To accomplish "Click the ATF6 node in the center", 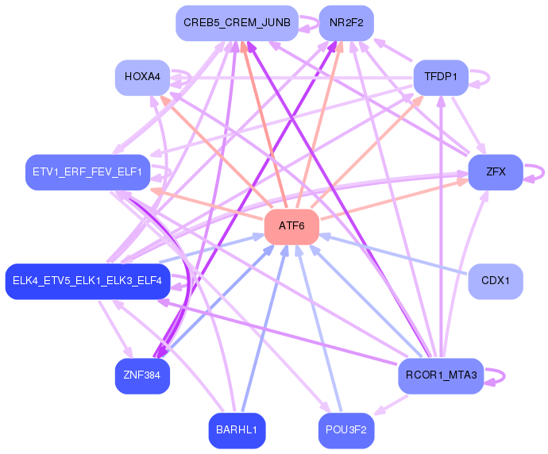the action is tap(291, 227).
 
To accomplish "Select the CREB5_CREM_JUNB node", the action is tap(237, 23).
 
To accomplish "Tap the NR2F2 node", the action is tap(346, 23).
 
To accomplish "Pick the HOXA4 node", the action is tap(143, 77).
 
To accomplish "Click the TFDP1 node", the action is tap(441, 77).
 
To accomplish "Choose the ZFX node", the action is tap(496, 172).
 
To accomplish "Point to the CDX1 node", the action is tap(496, 281).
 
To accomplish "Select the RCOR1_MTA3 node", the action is tap(441, 375).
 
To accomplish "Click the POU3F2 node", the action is tap(346, 431).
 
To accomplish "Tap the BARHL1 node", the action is tap(237, 431).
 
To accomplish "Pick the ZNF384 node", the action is tap(143, 375).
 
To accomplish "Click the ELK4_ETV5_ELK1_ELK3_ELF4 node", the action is tap(87, 281).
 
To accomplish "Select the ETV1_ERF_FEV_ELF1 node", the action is tap(87, 172).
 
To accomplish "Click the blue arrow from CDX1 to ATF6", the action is tap(394, 256).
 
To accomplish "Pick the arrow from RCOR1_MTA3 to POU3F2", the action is tap(391, 405).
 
